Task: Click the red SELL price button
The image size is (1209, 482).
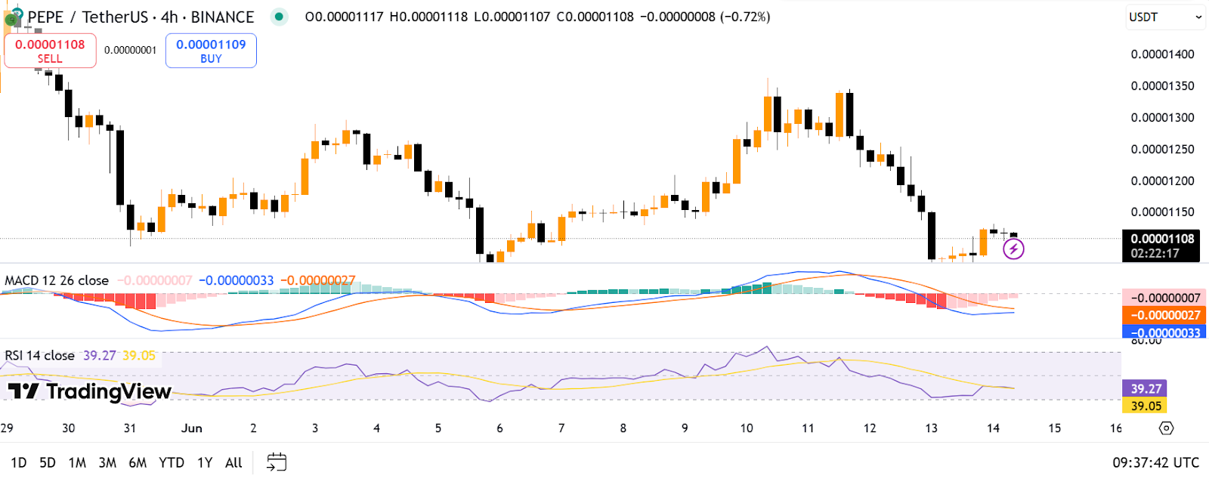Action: click(x=50, y=51)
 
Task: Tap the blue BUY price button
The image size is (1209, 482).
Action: click(x=211, y=51)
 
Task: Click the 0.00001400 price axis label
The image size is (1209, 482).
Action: click(x=1162, y=54)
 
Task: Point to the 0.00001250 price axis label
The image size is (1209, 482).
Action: click(x=1162, y=150)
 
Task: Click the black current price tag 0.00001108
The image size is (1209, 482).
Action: click(x=1161, y=239)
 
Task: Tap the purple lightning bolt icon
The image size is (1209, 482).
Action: click(x=1013, y=249)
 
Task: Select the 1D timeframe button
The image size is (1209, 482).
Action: click(x=18, y=462)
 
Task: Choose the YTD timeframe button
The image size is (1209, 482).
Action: click(x=172, y=462)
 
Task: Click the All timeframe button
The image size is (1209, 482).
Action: click(x=233, y=462)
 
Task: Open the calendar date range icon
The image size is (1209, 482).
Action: click(x=277, y=462)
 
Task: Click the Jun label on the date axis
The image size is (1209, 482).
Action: click(x=191, y=428)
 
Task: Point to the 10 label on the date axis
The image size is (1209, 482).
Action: click(x=747, y=428)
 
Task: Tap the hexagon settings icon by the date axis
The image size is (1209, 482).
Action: click(x=1166, y=428)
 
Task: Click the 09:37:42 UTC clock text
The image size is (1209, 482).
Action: click(x=1155, y=462)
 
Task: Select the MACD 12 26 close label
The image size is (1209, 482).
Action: click(x=57, y=281)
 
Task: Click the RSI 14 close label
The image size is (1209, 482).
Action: click(x=39, y=356)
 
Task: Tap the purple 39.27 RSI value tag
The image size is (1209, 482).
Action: click(x=1146, y=389)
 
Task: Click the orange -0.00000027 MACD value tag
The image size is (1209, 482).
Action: click(x=1164, y=315)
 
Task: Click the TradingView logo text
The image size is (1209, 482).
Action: click(x=91, y=391)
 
